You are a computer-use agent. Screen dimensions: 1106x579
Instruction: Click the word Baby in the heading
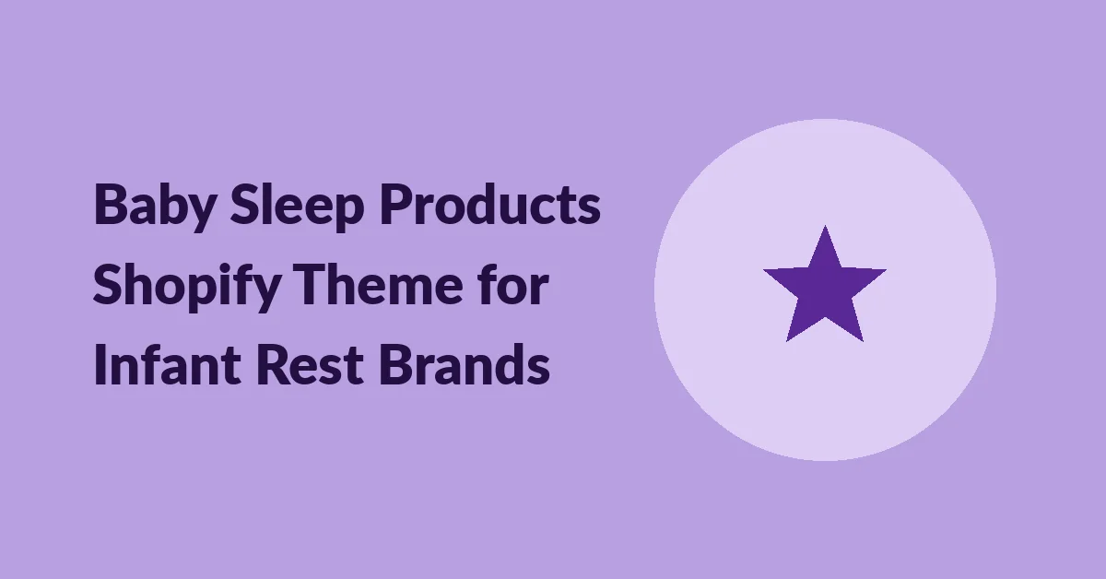[155, 207]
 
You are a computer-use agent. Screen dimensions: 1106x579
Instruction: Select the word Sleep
[297, 207]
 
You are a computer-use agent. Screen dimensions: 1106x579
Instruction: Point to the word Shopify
[187, 287]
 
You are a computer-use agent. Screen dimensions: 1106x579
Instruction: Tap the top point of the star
[825, 226]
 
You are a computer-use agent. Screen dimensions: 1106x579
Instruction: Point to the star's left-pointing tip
[764, 270]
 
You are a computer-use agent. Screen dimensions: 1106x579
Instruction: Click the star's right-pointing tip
[886, 270]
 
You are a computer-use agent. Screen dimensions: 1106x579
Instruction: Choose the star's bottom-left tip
[787, 341]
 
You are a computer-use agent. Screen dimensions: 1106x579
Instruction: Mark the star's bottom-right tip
[863, 341]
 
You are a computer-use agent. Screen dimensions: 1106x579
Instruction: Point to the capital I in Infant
[99, 364]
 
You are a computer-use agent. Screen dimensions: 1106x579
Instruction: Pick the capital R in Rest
[274, 364]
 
